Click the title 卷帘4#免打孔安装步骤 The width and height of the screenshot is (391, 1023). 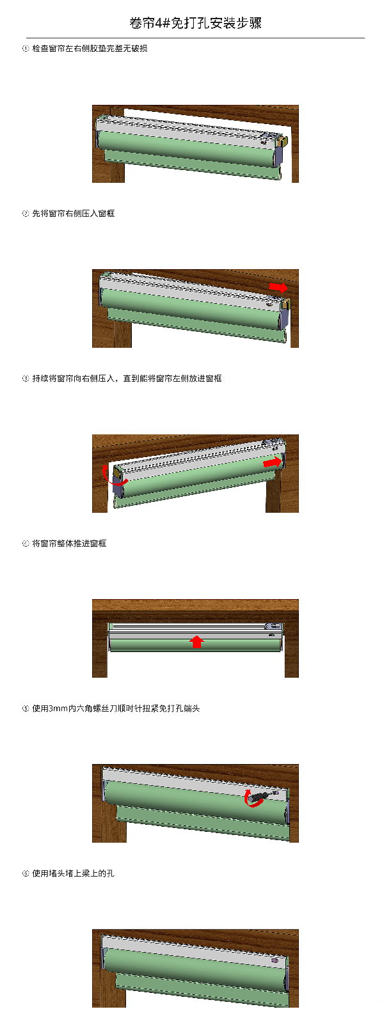pyautogui.click(x=195, y=23)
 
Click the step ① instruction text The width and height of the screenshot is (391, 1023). pyautogui.click(x=90, y=49)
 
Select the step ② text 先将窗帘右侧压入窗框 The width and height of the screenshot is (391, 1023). pyautogui.click(x=73, y=214)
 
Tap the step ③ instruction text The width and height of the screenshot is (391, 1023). pyautogui.click(x=127, y=378)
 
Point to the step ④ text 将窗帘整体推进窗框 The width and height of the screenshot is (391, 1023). pyautogui.click(x=69, y=543)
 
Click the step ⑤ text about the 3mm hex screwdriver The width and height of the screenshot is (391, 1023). pyautogui.click(x=116, y=708)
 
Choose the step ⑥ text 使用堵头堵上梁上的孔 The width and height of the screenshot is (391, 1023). pyautogui.click(x=73, y=873)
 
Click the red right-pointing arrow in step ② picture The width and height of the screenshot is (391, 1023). pyautogui.click(x=278, y=287)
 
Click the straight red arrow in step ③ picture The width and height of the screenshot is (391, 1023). pyautogui.click(x=273, y=462)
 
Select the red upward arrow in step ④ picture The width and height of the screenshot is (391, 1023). pyautogui.click(x=196, y=641)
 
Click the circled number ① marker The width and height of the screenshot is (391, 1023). pyautogui.click(x=25, y=49)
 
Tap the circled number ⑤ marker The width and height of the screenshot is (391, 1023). pyautogui.click(x=25, y=708)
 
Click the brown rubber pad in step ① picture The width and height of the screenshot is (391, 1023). pyautogui.click(x=283, y=141)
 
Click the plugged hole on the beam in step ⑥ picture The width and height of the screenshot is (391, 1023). pyautogui.click(x=275, y=960)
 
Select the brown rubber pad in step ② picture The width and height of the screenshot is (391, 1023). pyautogui.click(x=286, y=303)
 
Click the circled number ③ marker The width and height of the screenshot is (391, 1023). pyautogui.click(x=25, y=379)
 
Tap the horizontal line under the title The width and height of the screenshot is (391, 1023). pyautogui.click(x=195, y=38)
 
